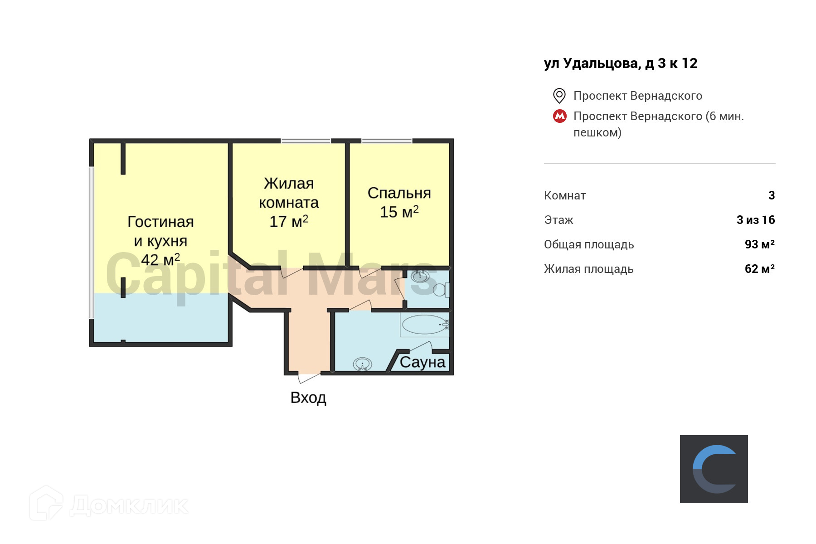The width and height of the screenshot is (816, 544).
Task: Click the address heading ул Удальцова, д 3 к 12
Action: pos(620,63)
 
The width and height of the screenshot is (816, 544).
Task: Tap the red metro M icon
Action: pos(560,116)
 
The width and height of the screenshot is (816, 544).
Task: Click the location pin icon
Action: pos(559,96)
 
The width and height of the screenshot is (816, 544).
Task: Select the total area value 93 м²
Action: pos(759,244)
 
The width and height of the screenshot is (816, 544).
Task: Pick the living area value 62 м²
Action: pos(759,269)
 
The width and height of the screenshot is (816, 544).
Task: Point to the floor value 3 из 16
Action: pos(755,220)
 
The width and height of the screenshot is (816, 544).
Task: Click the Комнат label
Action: pos(565,195)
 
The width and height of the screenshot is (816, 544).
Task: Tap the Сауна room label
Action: pos(423,362)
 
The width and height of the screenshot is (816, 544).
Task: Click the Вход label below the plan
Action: pos(308,398)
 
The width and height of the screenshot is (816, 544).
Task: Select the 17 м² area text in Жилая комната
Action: pos(289,222)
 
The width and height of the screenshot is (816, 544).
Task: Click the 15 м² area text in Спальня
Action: pos(399,212)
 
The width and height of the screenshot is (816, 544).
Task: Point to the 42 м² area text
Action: pos(160,260)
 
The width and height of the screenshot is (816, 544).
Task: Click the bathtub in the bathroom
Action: pos(424,325)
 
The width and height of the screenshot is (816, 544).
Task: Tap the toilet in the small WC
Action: pos(441,289)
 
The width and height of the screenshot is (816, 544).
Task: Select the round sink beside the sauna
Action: pos(362,364)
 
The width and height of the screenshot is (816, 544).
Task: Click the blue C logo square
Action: pos(714,469)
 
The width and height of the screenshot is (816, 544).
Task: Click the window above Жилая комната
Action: pos(306,141)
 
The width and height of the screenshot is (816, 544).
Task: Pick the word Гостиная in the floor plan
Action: pos(160,222)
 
